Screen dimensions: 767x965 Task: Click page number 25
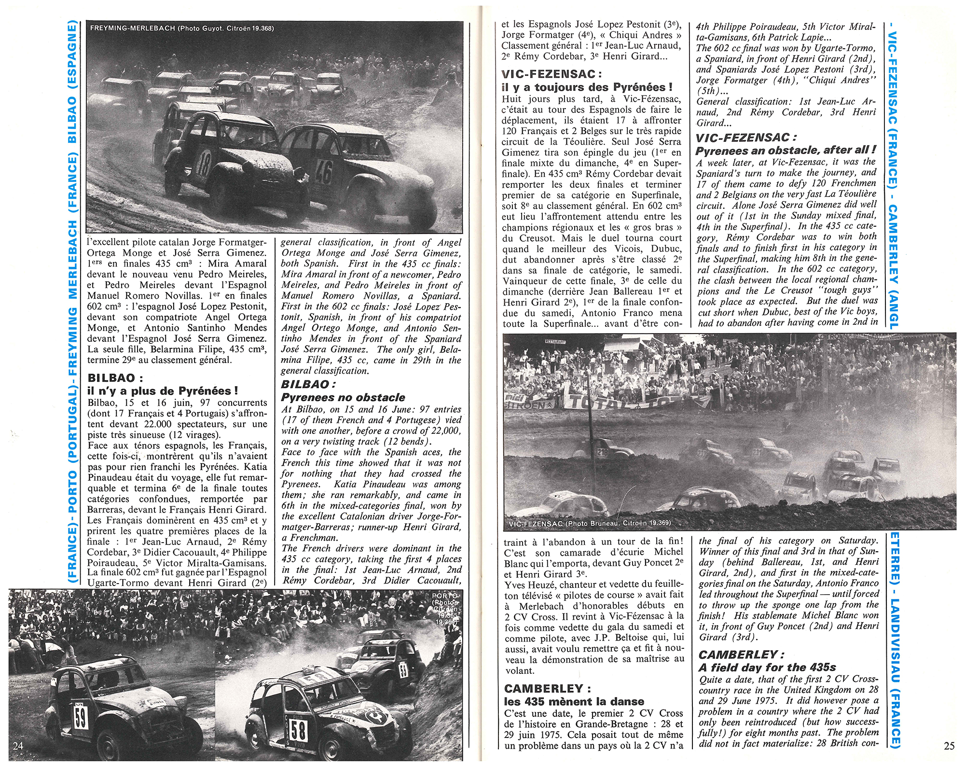pyautogui.click(x=949, y=746)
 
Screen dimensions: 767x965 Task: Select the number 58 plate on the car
pyautogui.click(x=298, y=730)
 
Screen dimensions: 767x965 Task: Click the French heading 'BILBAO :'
pyautogui.click(x=115, y=378)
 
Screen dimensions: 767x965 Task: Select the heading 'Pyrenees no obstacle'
pyautogui.click(x=343, y=397)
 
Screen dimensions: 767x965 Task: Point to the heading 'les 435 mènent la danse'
pyautogui.click(x=574, y=701)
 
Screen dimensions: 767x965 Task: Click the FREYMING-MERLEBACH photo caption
pyautogui.click(x=182, y=28)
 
